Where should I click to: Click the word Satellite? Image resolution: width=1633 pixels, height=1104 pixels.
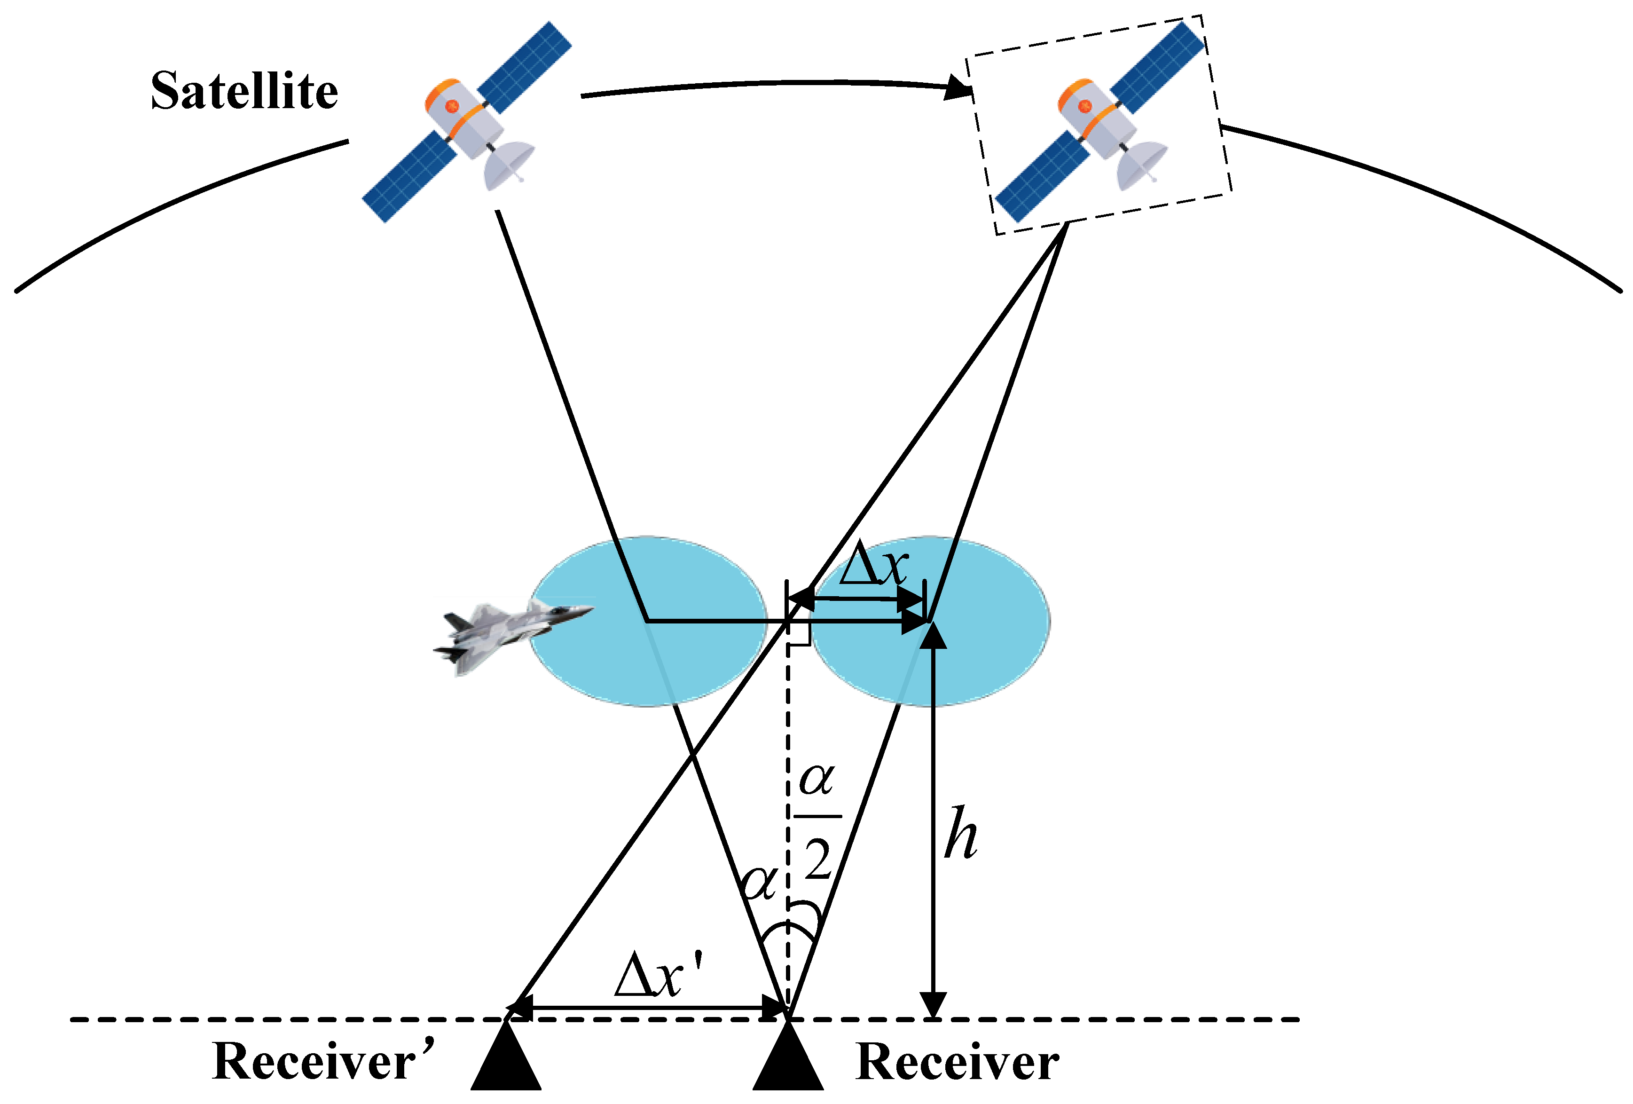244,91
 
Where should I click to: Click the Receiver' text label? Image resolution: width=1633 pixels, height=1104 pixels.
323,1061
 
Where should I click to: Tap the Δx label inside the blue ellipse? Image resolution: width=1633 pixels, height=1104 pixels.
873,566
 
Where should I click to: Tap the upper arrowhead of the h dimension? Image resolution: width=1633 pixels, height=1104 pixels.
933,635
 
